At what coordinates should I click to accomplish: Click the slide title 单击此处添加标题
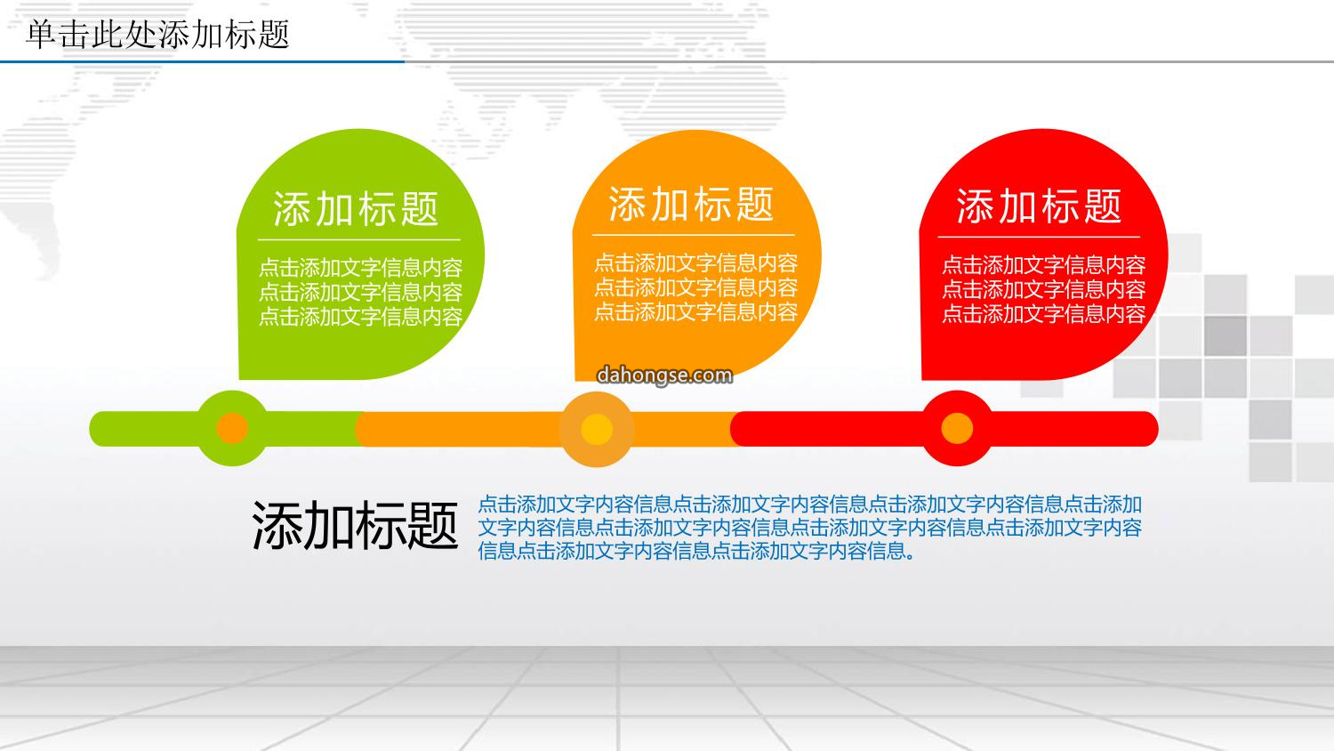(157, 34)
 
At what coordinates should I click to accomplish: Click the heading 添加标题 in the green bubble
(356, 208)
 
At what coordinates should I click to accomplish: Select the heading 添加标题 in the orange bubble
(691, 204)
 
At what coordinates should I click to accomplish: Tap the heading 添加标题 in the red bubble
(1040, 206)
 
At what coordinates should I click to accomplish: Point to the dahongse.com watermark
(664, 375)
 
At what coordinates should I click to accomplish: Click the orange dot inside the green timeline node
(232, 428)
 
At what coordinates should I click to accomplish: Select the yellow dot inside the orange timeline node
(597, 429)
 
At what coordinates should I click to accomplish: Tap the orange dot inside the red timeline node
(957, 428)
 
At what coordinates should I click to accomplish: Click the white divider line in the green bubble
(359, 240)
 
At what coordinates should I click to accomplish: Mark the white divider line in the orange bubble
(693, 236)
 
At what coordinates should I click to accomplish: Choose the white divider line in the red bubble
(1040, 238)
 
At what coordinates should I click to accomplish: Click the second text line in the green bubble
(361, 292)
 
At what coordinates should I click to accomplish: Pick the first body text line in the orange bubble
(695, 262)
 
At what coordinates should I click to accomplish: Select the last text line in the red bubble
(1044, 314)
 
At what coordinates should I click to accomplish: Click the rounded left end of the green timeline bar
(98, 429)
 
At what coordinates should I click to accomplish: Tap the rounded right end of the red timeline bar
(1149, 429)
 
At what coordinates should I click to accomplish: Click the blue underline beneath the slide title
(203, 61)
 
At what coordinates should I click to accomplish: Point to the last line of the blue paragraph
(696, 551)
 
